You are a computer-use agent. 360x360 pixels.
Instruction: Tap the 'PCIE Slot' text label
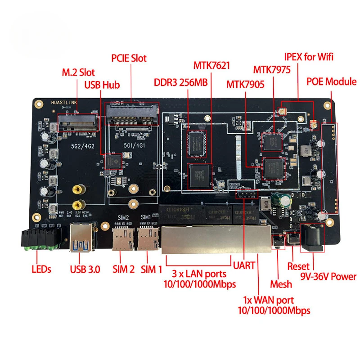(x=129, y=58)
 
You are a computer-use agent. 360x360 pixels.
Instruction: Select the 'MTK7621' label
(x=211, y=66)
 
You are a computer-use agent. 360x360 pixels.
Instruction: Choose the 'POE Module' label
(x=331, y=82)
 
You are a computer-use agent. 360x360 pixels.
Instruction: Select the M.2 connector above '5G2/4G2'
(x=78, y=123)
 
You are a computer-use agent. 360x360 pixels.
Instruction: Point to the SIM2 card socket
(x=120, y=238)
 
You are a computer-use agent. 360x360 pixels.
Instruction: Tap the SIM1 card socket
(x=146, y=238)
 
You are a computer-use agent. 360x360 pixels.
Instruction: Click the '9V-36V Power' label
(x=328, y=277)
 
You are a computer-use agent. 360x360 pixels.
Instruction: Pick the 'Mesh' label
(x=281, y=284)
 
